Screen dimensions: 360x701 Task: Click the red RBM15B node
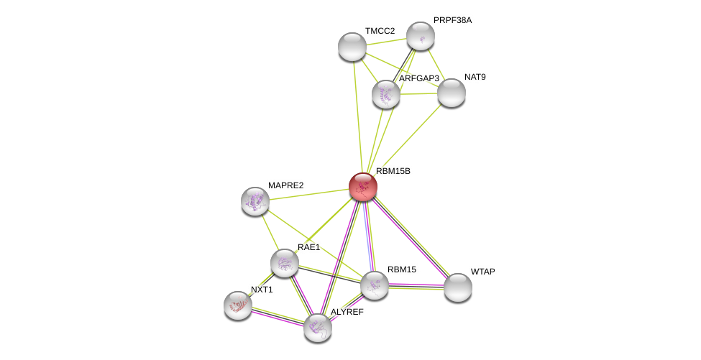(x=363, y=187)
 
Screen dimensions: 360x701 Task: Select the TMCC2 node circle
(x=352, y=47)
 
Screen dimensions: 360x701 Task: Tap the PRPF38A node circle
(x=421, y=36)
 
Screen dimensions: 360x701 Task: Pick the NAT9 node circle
(x=452, y=93)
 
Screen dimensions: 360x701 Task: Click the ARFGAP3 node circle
(x=386, y=94)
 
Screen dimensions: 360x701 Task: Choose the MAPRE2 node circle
(x=255, y=201)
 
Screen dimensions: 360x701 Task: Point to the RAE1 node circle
(x=285, y=263)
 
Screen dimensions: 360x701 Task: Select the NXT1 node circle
(x=238, y=305)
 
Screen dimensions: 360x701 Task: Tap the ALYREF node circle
(x=318, y=328)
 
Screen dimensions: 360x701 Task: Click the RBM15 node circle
(x=375, y=285)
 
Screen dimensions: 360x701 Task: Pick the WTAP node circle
(x=458, y=287)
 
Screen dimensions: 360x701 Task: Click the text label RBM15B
(x=393, y=171)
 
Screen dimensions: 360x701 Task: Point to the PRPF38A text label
(x=452, y=20)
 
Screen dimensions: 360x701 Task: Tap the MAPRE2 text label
(x=285, y=185)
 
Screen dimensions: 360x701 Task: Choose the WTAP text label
(x=482, y=272)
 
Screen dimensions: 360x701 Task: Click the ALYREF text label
(x=347, y=312)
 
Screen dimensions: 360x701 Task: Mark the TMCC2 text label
(x=380, y=31)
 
